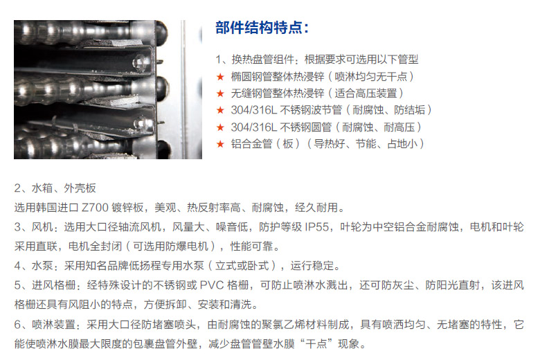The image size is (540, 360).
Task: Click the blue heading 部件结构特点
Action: (x=259, y=28)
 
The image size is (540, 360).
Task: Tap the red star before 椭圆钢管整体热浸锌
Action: (x=220, y=76)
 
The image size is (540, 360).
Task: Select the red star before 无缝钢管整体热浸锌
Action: (x=220, y=93)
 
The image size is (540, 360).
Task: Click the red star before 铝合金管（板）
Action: (x=220, y=144)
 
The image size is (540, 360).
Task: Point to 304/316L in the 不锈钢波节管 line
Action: (x=254, y=110)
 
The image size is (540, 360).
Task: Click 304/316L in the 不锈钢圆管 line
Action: (x=254, y=127)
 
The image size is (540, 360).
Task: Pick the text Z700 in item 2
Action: (x=95, y=208)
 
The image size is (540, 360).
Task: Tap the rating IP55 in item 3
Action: (x=317, y=227)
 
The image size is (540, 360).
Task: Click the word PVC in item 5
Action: (x=212, y=285)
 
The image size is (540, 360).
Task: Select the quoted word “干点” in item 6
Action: (x=316, y=343)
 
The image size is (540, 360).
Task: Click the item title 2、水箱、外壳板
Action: (x=55, y=188)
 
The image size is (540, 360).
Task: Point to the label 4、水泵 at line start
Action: (x=34, y=266)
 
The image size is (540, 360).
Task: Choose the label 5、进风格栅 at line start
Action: (x=45, y=285)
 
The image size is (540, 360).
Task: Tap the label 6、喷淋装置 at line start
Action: (x=45, y=324)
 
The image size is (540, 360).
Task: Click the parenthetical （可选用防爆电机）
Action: (x=175, y=246)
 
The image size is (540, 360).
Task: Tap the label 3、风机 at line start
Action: (x=34, y=227)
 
